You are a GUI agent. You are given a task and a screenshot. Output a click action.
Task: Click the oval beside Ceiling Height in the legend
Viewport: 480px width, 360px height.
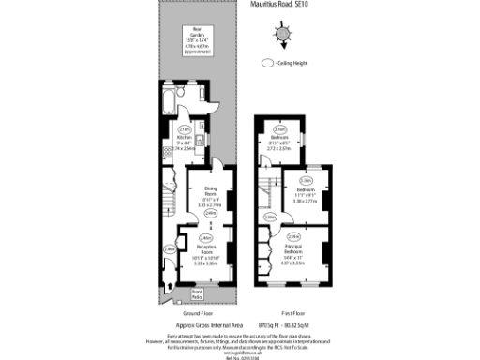pos(266,64)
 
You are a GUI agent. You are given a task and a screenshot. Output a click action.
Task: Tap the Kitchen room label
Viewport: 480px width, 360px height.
pos(185,142)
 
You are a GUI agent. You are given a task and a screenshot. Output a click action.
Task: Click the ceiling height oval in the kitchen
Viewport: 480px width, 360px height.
pos(185,129)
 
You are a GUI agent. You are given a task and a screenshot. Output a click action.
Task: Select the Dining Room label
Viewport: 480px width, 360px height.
pos(209,194)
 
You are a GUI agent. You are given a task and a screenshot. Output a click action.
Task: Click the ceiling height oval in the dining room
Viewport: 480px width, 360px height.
pos(211,213)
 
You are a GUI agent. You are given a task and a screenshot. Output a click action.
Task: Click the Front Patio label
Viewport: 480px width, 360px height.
pos(197,293)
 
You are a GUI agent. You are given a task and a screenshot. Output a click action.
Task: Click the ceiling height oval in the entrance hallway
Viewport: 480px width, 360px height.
pos(169,249)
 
